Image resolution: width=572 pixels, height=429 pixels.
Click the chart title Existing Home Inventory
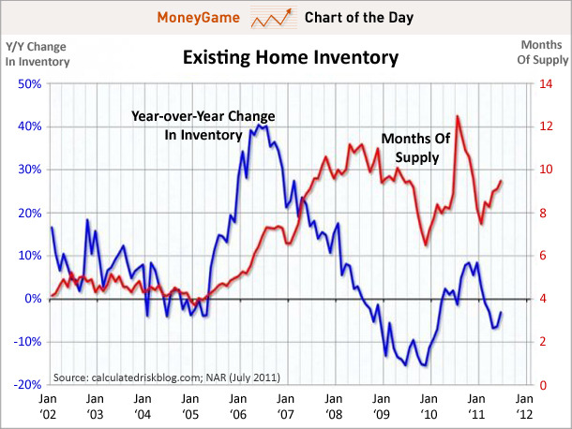290,58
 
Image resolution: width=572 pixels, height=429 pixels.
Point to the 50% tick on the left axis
27,83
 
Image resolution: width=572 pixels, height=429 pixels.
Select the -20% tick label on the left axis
25,385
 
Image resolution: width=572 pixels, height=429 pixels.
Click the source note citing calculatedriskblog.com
166,377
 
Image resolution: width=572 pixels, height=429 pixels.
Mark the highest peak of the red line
457,116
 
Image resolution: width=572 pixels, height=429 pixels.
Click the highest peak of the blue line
259,124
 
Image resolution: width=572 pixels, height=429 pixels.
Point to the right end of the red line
502,181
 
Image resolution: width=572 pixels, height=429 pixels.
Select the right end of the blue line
502,313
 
